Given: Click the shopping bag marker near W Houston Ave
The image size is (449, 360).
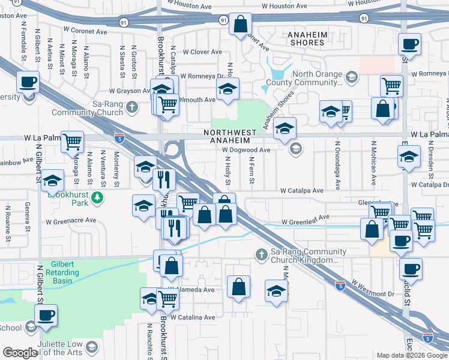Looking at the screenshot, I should coord(240,25).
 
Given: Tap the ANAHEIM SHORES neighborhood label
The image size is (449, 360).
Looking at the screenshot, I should coord(309,39).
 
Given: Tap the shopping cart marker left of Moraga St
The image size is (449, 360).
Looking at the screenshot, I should coord(72,142).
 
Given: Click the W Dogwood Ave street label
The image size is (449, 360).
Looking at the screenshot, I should coord(246,150).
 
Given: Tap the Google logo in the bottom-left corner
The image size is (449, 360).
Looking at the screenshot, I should coord(20,353).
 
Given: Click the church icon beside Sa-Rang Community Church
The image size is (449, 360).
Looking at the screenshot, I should coord(137,107).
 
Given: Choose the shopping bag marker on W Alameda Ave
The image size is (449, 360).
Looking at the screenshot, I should coord(239,286).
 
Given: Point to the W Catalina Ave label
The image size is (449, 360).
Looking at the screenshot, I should coord(193,317).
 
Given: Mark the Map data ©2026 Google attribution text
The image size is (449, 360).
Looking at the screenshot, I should coord(412,355).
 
